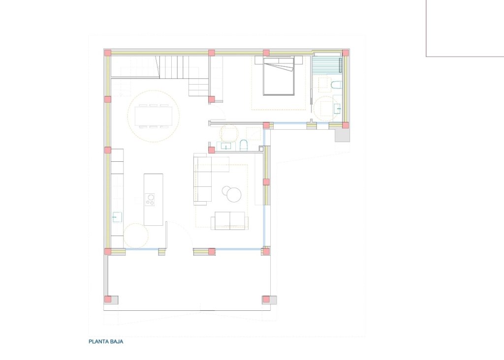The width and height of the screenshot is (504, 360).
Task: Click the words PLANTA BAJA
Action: pyautogui.click(x=106, y=341)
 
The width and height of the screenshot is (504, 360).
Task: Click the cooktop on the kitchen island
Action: pyautogui.click(x=150, y=199)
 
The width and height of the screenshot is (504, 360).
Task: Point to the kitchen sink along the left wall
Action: pyautogui.click(x=117, y=217)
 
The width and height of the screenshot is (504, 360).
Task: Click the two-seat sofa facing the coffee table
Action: pyautogui.click(x=229, y=221)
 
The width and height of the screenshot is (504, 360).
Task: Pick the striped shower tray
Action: pyautogui.click(x=326, y=64)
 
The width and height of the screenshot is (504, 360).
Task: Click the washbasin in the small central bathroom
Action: pyautogui.click(x=226, y=145)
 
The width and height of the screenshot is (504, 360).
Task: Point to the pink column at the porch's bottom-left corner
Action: pyautogui.click(x=108, y=299)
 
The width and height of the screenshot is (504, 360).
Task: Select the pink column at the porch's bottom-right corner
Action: pyautogui.click(x=266, y=299)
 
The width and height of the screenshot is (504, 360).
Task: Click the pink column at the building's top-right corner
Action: pyautogui.click(x=346, y=53)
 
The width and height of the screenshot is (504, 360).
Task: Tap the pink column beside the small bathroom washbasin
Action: pyautogui.click(x=211, y=150)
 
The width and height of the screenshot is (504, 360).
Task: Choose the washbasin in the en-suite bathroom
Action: pyautogui.click(x=337, y=109)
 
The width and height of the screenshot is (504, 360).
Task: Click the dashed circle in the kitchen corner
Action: pyautogui.click(x=135, y=236)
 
